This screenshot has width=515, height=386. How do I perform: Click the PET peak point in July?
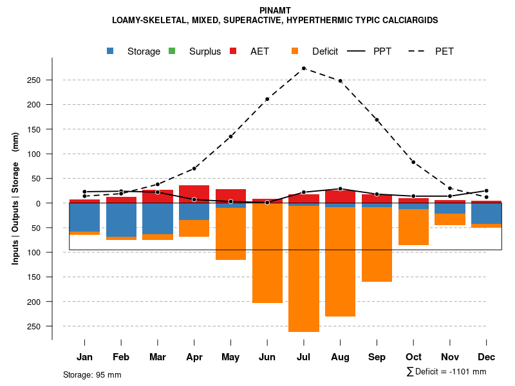click(x=304, y=68)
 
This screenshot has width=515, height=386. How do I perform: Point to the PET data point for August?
click(x=341, y=81)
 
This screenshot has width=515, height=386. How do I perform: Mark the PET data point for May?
click(x=230, y=136)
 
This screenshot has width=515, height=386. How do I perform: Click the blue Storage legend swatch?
click(x=110, y=51)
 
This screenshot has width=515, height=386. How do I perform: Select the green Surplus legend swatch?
click(x=172, y=51)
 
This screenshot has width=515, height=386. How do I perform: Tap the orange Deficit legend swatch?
click(x=295, y=51)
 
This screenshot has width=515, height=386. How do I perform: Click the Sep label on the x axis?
click(x=377, y=357)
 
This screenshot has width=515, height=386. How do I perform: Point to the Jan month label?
click(x=84, y=357)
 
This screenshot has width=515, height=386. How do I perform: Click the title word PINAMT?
click(x=275, y=10)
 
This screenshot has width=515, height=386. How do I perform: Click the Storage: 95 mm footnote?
click(x=92, y=374)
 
